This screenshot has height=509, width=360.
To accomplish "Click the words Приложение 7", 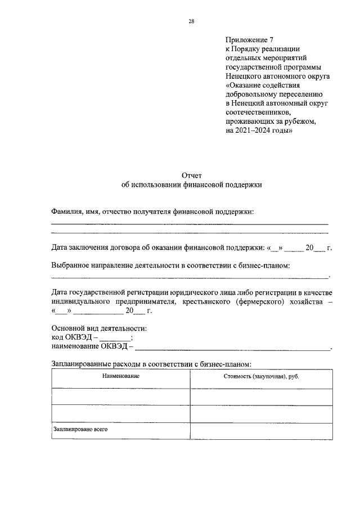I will coord(245,40).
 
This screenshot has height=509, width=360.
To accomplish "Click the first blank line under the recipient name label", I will coord(190,224).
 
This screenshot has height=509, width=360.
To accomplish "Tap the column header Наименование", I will coord(120,376).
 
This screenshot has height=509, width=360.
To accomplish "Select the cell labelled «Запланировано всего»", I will coord(80,429).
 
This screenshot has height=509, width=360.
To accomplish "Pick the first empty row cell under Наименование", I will coord(120,397).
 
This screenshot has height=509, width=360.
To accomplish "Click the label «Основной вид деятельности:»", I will coord(99,328).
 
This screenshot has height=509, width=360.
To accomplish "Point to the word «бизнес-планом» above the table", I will coord(225,364).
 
